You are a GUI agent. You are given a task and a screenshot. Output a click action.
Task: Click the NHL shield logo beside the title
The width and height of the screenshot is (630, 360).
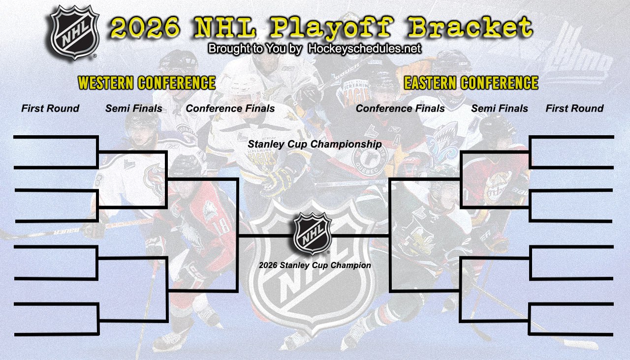pos(75,32)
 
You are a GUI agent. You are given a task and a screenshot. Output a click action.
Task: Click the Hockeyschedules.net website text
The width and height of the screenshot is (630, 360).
pos(364,49)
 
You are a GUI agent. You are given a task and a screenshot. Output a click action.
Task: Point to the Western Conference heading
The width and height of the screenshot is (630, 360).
pos(147,83)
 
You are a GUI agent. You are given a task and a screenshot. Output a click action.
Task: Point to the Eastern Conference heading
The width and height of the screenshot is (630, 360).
pos(471,83)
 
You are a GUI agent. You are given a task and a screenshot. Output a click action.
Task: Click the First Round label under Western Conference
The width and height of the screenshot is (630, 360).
pos(50,109)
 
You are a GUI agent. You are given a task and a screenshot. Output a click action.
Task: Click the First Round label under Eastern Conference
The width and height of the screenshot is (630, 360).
pos(574,109)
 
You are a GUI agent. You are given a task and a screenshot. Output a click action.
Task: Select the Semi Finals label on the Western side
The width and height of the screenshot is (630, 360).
pos(134,109)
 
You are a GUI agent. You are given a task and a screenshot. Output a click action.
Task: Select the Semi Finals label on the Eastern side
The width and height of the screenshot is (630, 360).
pos(500,109)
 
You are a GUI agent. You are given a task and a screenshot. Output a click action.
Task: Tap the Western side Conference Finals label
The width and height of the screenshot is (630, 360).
pos(230,109)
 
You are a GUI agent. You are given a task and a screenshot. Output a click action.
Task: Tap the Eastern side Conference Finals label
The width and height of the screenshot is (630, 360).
pos(400,109)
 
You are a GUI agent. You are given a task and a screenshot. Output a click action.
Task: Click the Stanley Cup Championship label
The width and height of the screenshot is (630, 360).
pos(315,145)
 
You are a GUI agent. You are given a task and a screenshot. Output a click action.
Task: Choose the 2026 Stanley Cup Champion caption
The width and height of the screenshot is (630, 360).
pos(315,266)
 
